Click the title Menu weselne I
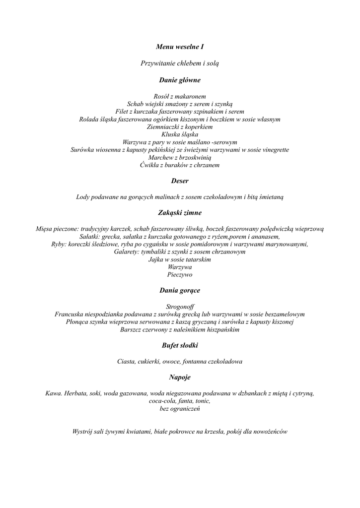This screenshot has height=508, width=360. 180,47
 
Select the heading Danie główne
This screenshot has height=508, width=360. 180,79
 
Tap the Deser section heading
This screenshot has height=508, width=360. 180,181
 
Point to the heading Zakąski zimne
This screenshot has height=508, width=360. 180,213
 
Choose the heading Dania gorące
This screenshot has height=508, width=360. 180,290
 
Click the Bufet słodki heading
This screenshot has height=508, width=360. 180,345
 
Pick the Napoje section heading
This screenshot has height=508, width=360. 180,377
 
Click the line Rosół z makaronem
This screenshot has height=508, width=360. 180,96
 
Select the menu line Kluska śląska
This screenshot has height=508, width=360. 180,134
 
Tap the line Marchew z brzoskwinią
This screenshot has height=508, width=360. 180,157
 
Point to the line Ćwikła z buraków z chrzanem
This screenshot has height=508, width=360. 180,165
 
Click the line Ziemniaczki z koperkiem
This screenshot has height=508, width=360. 180,127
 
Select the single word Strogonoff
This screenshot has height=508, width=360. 180,307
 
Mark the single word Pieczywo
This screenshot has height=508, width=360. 180,274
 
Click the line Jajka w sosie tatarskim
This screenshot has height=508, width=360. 180,259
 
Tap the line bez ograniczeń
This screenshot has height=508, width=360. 180,409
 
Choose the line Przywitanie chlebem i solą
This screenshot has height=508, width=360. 180,63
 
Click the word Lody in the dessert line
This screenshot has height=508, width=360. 83,197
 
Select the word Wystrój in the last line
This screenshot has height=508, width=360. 82,432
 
